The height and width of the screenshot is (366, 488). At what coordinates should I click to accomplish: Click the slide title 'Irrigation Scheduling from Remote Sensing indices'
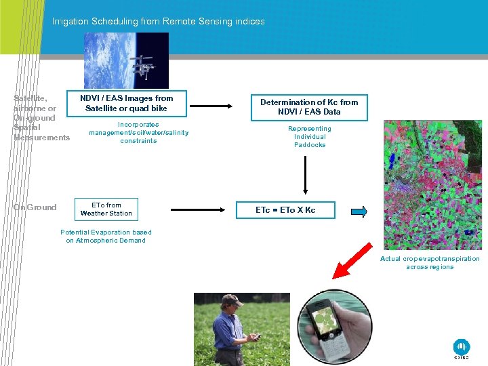(x=159, y=22)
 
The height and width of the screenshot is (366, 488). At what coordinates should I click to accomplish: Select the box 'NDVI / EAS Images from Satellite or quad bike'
(x=126, y=103)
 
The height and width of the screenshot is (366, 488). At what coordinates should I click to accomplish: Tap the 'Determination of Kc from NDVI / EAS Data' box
(x=309, y=107)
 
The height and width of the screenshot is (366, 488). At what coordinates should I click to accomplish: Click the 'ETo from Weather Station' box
(x=106, y=209)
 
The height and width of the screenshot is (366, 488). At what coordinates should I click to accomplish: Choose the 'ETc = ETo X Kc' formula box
(x=285, y=210)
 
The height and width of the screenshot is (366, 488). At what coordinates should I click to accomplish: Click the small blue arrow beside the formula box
(x=360, y=211)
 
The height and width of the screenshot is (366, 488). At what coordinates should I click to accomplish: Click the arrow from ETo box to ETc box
(x=197, y=210)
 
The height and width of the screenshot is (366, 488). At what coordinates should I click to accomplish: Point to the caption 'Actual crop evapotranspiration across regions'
(x=430, y=263)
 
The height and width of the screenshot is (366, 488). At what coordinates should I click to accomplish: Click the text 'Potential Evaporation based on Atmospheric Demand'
(x=106, y=237)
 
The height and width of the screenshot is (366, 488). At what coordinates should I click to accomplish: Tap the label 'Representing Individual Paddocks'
(x=310, y=137)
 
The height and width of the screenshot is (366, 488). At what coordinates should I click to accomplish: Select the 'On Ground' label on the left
(x=35, y=207)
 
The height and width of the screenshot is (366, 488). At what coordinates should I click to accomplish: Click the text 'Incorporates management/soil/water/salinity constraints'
(x=138, y=133)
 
